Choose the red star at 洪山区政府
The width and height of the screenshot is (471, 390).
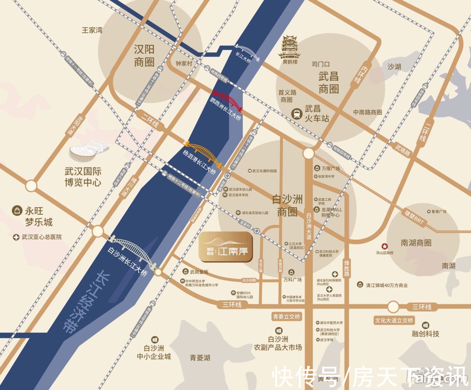(x=385, y=246)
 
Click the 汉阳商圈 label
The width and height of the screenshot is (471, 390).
(x=144, y=56)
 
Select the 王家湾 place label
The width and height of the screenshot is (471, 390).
(x=92, y=30)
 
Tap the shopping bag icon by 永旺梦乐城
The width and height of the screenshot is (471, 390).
(x=16, y=211)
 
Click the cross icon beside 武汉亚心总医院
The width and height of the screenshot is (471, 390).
(x=16, y=237)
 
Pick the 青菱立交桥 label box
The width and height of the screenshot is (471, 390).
(x=287, y=317)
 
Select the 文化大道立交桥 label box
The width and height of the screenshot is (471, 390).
(x=394, y=320)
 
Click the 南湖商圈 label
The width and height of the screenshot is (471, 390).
(x=416, y=243)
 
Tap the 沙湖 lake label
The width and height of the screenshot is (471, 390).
(x=394, y=67)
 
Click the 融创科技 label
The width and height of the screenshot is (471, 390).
(x=426, y=333)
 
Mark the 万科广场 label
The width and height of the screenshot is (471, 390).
(x=293, y=280)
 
